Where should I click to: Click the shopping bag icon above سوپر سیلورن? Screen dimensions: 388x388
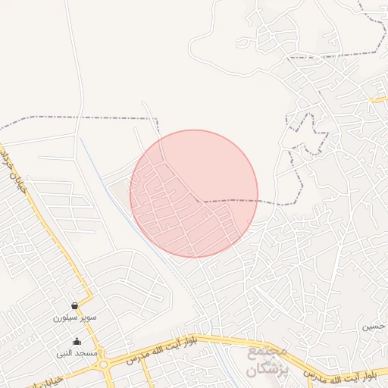[74, 305]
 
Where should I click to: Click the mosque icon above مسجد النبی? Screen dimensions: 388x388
[75, 341]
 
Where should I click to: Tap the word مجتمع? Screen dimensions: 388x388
[268, 353]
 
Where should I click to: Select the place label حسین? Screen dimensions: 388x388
[377, 327]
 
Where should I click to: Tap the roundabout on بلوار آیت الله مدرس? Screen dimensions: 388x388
[103, 365]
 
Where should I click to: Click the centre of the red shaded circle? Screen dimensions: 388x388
[194, 193]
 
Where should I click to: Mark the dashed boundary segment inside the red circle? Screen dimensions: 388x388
[227, 201]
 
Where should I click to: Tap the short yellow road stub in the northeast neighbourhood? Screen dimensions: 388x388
[378, 99]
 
